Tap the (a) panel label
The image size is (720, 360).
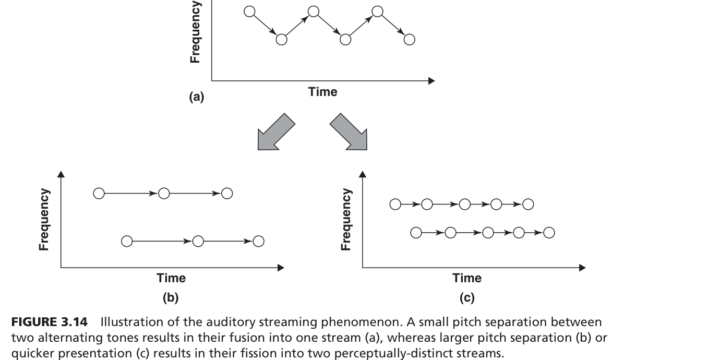click(x=197, y=97)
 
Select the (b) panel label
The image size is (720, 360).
click(x=171, y=298)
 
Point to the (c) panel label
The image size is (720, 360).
click(x=467, y=298)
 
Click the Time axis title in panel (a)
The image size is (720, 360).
click(x=322, y=92)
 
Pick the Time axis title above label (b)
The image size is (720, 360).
click(x=171, y=278)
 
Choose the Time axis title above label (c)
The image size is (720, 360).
click(x=467, y=278)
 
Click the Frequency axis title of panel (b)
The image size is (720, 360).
click(x=44, y=219)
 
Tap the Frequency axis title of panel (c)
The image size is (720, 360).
click(x=346, y=219)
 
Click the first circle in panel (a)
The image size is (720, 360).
click(x=250, y=11)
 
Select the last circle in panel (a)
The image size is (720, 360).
click(x=410, y=39)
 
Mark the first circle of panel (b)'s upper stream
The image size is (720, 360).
click(x=99, y=194)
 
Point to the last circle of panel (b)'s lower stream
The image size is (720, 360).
click(x=259, y=241)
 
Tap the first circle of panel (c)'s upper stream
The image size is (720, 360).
click(x=395, y=204)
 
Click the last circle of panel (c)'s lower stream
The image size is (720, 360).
click(x=549, y=233)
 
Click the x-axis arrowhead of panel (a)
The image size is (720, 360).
click(x=431, y=81)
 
